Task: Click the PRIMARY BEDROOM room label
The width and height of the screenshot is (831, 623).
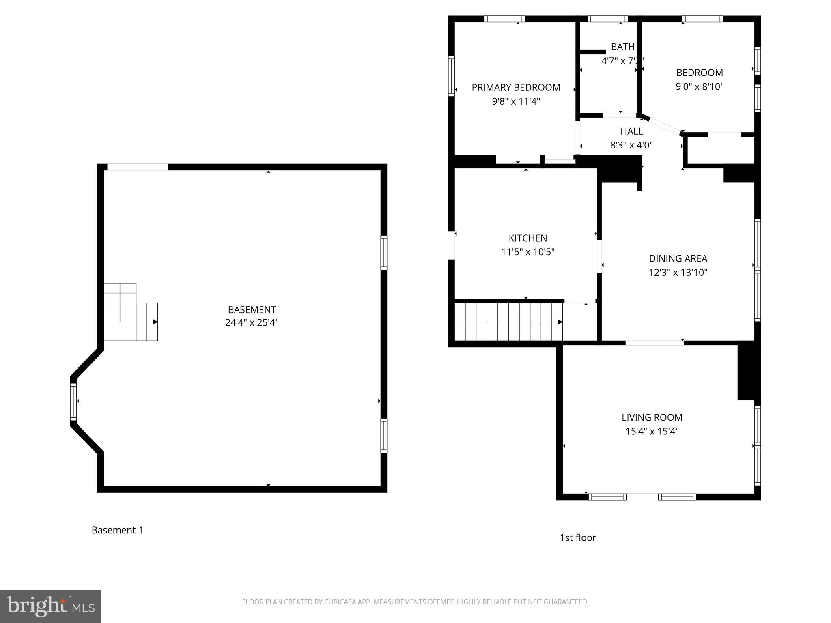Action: [x=516, y=87]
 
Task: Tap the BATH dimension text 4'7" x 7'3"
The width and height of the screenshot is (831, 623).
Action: [x=622, y=61]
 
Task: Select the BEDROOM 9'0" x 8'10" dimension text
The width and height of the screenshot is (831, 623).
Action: [x=700, y=86]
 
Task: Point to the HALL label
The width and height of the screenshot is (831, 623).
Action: [x=631, y=131]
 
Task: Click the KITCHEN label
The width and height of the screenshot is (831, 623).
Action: [x=527, y=238]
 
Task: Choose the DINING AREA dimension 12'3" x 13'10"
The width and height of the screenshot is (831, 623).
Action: [x=678, y=272]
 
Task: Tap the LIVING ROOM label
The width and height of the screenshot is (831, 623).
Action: [x=652, y=417]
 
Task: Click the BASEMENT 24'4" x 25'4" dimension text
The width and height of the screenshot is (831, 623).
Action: [x=252, y=323]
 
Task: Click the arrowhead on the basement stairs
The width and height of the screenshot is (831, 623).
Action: [x=155, y=322]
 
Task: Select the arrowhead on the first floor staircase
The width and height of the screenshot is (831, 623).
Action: [x=560, y=322]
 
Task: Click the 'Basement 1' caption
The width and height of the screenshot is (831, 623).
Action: [x=117, y=530]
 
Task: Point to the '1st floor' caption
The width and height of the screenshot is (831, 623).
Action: [x=577, y=537]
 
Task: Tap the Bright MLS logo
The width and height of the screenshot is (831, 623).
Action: [x=50, y=606]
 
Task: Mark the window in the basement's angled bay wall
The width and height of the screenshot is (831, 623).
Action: [x=73, y=402]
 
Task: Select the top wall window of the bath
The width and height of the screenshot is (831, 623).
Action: [x=607, y=19]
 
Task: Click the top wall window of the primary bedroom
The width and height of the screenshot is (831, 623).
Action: [x=504, y=19]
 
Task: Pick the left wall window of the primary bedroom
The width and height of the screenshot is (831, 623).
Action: [x=451, y=76]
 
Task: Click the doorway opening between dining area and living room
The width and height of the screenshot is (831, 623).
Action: [x=654, y=343]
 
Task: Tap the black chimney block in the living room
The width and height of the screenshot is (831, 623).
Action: [x=748, y=371]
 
